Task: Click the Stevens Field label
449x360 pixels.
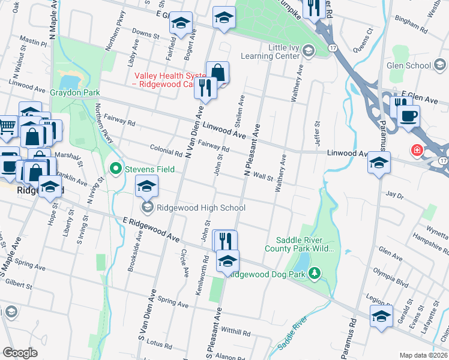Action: (149, 169)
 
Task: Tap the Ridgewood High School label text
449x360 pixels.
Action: (200, 208)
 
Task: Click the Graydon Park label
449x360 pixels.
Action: (75, 93)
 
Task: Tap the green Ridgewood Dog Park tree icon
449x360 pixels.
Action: (315, 274)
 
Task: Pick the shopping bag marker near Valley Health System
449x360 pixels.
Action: (217, 72)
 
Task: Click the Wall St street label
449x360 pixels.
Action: (264, 176)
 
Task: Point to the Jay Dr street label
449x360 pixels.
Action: (394, 195)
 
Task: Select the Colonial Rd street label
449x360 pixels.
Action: (162, 150)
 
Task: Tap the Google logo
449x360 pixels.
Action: (20, 353)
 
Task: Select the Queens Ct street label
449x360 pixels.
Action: (363, 41)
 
